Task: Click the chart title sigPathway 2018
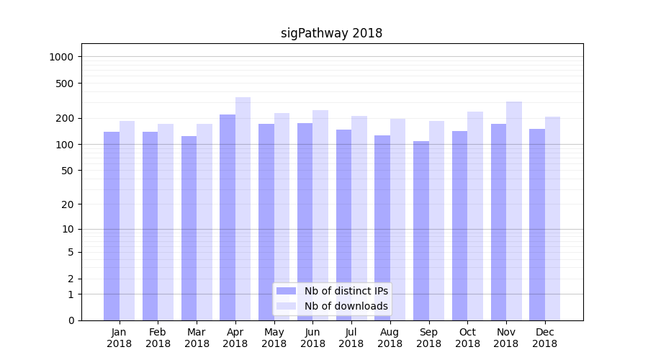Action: tap(331, 33)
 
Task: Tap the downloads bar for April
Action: tap(243, 209)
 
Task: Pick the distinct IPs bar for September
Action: tap(421, 230)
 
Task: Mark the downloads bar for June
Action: tap(320, 215)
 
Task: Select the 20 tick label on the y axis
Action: tap(70, 204)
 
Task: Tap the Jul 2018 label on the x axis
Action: tap(351, 338)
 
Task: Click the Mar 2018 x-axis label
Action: tap(197, 338)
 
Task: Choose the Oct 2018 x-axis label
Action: tap(467, 338)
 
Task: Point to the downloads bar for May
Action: tap(282, 217)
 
